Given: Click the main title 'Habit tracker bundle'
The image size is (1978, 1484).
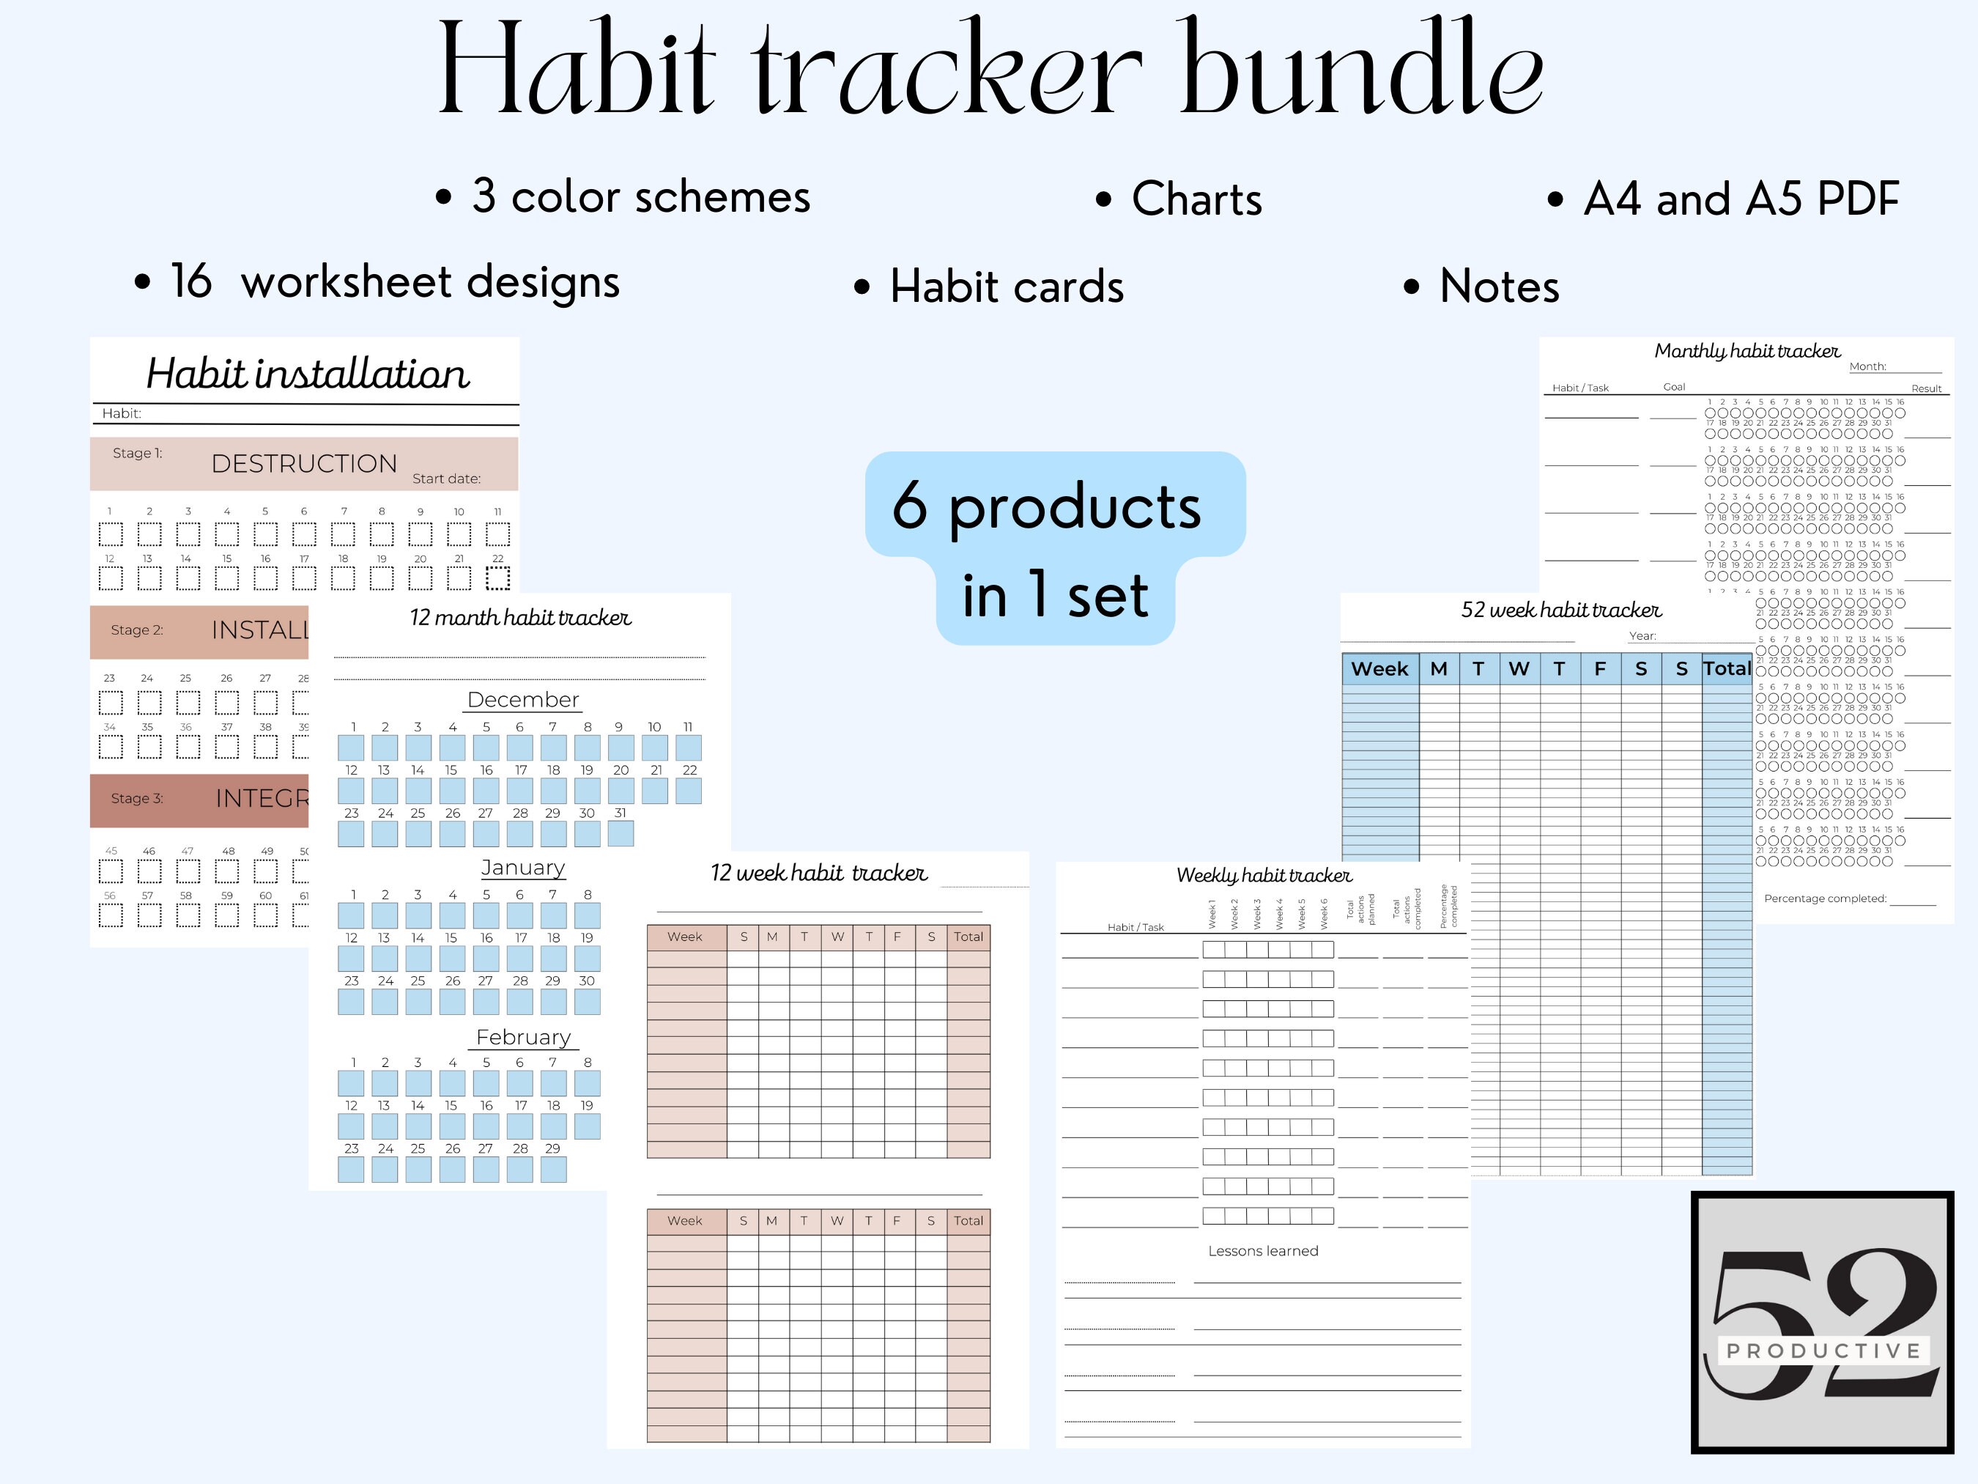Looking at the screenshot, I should [x=990, y=70].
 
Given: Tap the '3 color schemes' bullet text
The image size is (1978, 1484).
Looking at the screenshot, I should [x=640, y=197].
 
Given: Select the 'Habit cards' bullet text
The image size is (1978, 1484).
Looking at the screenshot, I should [x=1006, y=287].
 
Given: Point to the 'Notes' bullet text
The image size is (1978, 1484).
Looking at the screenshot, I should [x=1499, y=287].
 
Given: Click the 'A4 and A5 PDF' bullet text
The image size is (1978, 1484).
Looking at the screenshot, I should [x=1740, y=199].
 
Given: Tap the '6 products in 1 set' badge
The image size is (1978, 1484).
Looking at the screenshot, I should [x=1055, y=547].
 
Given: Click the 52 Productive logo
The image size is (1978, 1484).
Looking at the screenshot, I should [x=1823, y=1322].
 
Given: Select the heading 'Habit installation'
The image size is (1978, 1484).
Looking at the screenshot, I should [x=307, y=373].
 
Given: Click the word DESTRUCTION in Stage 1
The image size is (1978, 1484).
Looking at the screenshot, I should [x=304, y=463].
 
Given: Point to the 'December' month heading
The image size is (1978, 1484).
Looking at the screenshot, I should [x=523, y=700].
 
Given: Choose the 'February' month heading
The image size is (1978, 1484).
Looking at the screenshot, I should [x=523, y=1037].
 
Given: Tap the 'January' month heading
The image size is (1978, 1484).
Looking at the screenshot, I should [x=523, y=868].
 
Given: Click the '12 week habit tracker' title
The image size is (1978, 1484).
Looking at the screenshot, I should [x=818, y=873].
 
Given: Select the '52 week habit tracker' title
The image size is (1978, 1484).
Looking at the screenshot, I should [x=1560, y=610].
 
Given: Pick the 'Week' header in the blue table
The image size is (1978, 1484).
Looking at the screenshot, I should [x=1379, y=669].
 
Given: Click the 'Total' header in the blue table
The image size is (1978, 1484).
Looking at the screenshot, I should [x=1726, y=668].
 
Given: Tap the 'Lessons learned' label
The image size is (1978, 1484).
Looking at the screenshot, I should [x=1263, y=1250].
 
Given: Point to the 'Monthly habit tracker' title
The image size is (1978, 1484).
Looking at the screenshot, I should [x=1747, y=350].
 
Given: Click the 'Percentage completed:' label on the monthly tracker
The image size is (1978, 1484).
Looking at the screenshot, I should [x=1824, y=898].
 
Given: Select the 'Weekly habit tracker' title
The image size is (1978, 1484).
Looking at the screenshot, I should [x=1264, y=875].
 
